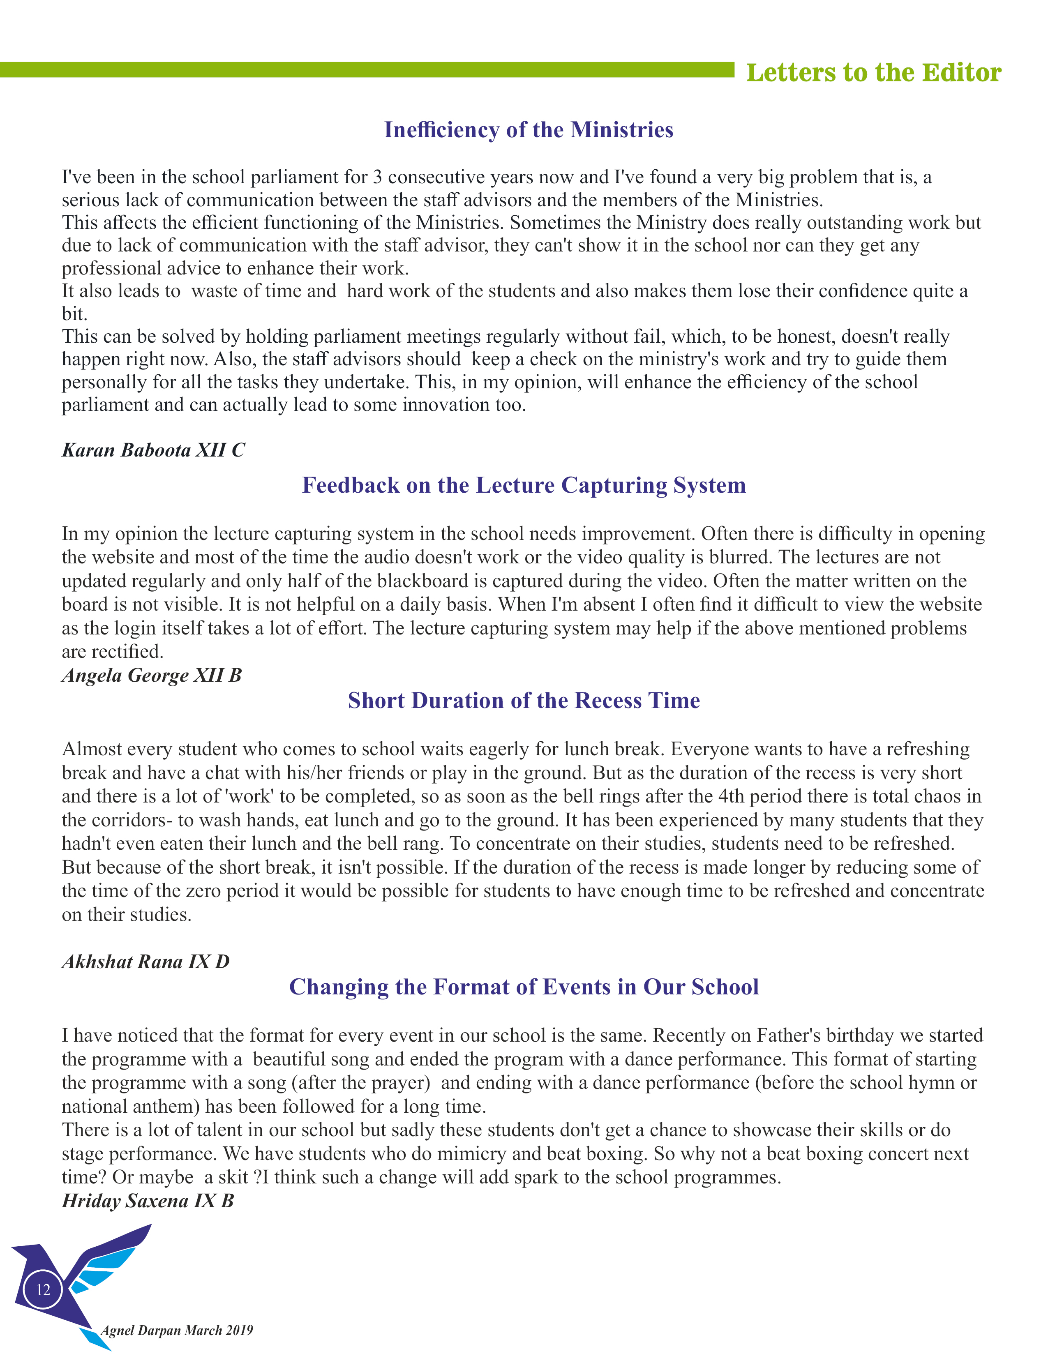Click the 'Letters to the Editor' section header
(873, 73)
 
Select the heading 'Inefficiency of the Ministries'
(529, 130)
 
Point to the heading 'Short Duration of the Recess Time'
(523, 700)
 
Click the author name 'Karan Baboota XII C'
(153, 450)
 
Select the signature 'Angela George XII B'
(152, 675)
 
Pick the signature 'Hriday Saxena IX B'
(148, 1201)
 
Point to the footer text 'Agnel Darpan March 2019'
(177, 1330)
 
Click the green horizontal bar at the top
(366, 69)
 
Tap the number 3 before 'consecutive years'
(377, 178)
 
